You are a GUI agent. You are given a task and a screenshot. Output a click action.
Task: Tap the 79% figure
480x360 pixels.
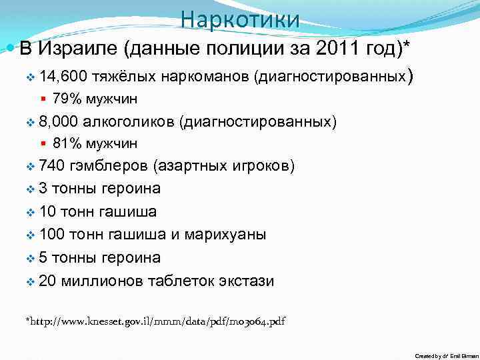tap(66, 99)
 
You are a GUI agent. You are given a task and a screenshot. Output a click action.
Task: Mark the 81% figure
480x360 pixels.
tap(66, 143)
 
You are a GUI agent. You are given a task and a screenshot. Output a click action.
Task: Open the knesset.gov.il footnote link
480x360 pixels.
tap(155, 321)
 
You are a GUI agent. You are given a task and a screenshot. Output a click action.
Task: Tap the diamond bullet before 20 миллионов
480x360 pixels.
tap(30, 281)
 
